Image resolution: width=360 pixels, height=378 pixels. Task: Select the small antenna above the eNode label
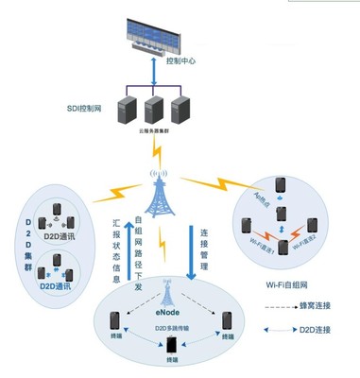[x=170, y=288]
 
